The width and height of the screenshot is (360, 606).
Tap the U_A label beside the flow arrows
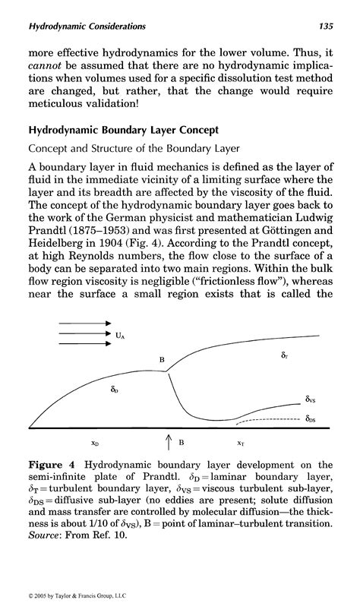pos(122,331)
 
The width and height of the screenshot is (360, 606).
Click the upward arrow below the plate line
pos(169,441)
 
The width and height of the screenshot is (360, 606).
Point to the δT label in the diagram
pos(284,355)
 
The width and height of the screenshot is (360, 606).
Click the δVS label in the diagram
pos(311,398)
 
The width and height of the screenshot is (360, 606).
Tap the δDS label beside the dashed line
pos(311,418)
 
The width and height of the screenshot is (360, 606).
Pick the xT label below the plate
pos(240,442)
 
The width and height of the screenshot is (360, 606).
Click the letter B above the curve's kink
pos(161,359)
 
